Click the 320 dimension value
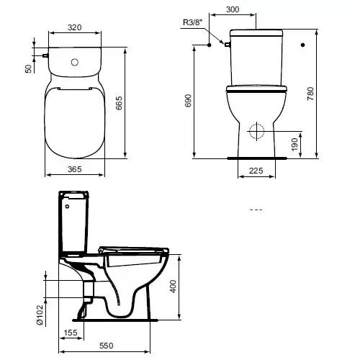pos(75,27)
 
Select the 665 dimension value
pos(119,103)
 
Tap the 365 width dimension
pos(75,169)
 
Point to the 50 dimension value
pos(28,68)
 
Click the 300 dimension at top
pos(233,9)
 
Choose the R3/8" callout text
pos(193,22)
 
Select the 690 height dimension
pos(189,101)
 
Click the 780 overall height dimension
pos(310,94)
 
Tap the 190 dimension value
pos(294,145)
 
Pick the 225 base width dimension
pos(256,171)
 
